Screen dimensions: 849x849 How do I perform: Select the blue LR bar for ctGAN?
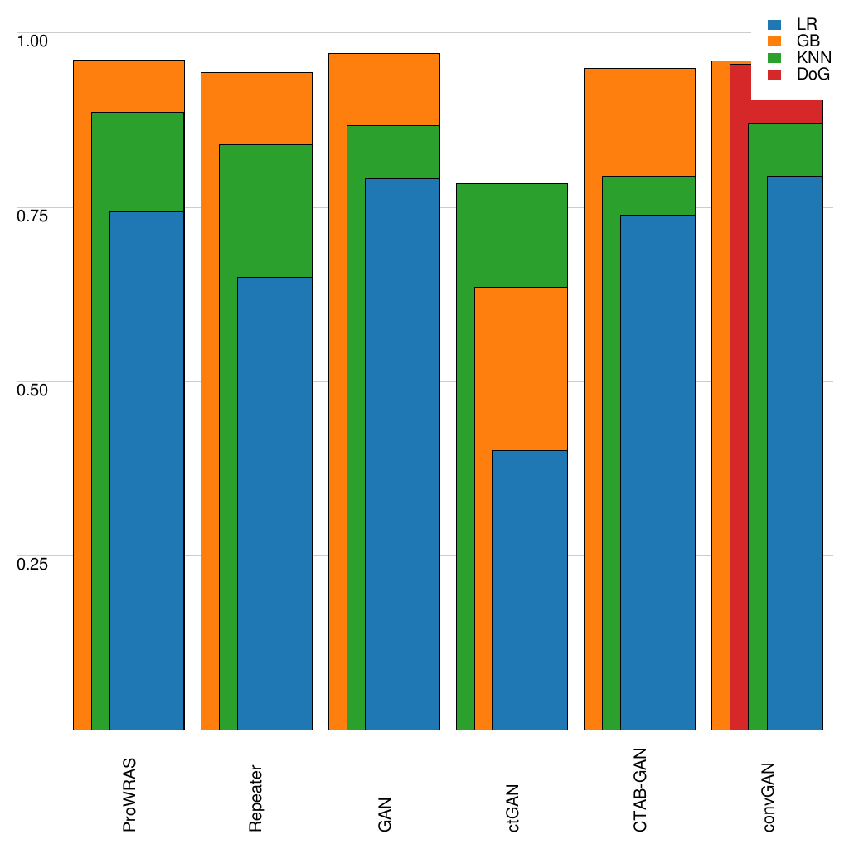(530, 589)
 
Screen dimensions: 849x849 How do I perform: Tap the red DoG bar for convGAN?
(739, 415)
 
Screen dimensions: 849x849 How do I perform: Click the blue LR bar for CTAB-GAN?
(657, 472)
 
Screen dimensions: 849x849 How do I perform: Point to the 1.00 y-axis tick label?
(34, 41)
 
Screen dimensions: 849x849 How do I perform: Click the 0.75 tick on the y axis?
(34, 215)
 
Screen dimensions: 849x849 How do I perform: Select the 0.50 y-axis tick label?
(34, 389)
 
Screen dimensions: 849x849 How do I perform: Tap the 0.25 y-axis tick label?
(34, 563)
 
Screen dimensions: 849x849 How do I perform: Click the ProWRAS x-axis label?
(129, 794)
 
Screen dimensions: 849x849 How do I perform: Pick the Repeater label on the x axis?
(257, 797)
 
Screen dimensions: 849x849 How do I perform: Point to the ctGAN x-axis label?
(513, 808)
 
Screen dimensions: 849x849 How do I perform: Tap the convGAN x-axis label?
(769, 797)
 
